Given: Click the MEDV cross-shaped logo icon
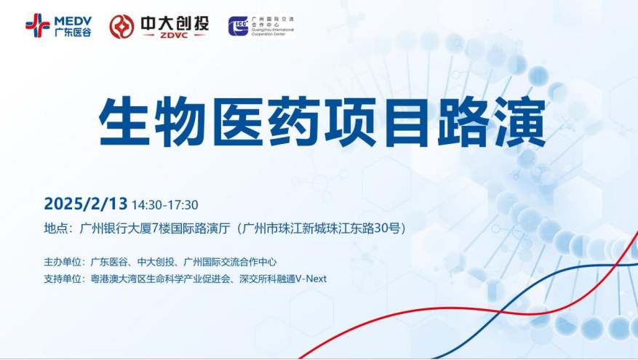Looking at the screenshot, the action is (37, 25).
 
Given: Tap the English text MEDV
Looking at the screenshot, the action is (73, 21).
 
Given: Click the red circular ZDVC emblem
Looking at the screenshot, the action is (121, 27).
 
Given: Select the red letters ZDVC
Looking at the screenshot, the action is (174, 36).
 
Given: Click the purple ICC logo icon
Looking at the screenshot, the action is (238, 26).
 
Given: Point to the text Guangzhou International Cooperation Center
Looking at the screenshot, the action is (272, 32).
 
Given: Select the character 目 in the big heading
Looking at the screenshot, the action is (407, 121).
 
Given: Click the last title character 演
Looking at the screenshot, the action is (520, 121).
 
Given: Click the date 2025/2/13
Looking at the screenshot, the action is (86, 204).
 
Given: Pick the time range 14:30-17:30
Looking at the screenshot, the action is (165, 205).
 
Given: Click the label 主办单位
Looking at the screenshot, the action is (63, 262).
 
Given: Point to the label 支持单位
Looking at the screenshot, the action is (63, 279).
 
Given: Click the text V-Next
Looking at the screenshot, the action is (311, 279).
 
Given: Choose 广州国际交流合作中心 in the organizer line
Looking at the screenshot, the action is (231, 262).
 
